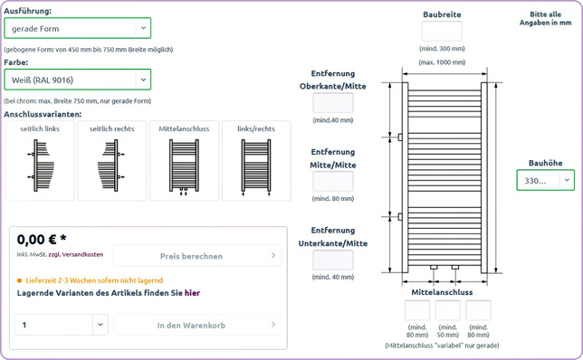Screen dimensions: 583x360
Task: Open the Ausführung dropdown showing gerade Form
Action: point(77,28)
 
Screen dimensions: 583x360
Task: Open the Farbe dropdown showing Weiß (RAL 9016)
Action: point(77,80)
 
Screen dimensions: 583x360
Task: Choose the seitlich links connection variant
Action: point(40,160)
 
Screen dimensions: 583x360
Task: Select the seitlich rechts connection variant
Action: point(112,160)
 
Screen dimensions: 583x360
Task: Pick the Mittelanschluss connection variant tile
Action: point(184,160)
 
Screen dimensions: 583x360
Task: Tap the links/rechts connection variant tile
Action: point(256,160)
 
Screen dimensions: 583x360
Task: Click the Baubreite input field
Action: point(442,31)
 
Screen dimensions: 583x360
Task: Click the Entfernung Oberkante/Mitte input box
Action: point(333,103)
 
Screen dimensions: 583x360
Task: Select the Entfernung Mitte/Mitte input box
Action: point(333,181)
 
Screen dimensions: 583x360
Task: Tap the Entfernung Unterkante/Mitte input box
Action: point(333,260)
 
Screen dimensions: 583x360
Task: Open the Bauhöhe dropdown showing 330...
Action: point(546,180)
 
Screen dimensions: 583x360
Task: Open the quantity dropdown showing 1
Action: point(62,325)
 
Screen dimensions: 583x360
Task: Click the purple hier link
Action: point(192,293)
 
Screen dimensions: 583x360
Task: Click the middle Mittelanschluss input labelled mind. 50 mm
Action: point(447,310)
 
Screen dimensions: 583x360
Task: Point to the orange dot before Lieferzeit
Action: point(19,280)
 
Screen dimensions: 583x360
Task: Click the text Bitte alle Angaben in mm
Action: point(545,19)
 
